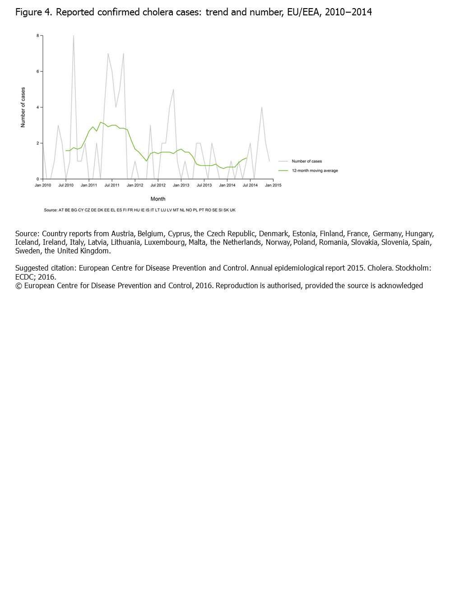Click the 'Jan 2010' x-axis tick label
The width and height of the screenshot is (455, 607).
(x=43, y=185)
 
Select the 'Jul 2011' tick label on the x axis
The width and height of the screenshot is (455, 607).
(x=112, y=185)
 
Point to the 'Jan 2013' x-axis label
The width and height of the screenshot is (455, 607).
(x=181, y=185)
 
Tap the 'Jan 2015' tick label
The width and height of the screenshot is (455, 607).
(x=273, y=185)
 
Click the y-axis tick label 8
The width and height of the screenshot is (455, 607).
(x=38, y=35)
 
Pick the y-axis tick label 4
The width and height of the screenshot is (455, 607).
(x=38, y=107)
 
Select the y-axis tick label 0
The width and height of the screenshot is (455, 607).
(x=38, y=179)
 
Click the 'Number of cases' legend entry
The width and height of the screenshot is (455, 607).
(x=306, y=161)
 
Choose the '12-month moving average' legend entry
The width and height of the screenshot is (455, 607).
(x=315, y=171)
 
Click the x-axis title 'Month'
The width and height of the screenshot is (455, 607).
(x=158, y=199)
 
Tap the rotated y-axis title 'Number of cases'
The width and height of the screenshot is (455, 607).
(x=23, y=107)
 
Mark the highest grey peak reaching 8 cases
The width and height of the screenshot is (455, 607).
(x=74, y=36)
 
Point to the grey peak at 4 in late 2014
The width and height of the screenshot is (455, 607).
(x=262, y=107)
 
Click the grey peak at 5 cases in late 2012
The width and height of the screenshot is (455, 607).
(x=173, y=89)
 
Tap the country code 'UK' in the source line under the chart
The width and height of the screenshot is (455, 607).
(x=233, y=210)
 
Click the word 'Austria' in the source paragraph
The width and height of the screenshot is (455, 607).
(x=122, y=233)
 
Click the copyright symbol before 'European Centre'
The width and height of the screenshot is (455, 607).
(x=19, y=285)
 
